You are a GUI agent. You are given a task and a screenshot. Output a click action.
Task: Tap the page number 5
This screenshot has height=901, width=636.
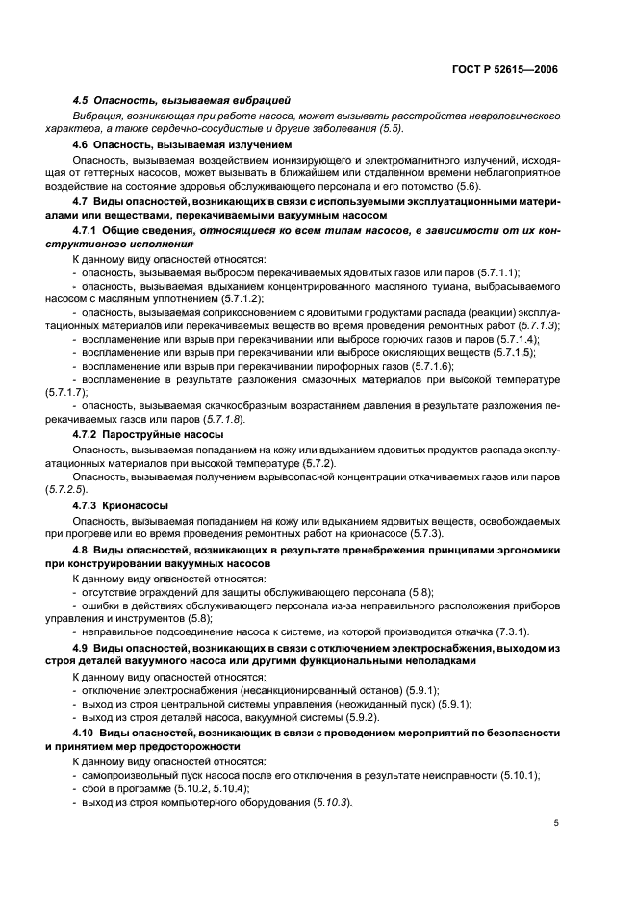[557, 824]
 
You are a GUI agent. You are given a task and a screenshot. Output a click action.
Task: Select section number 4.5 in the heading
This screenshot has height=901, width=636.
[81, 100]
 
